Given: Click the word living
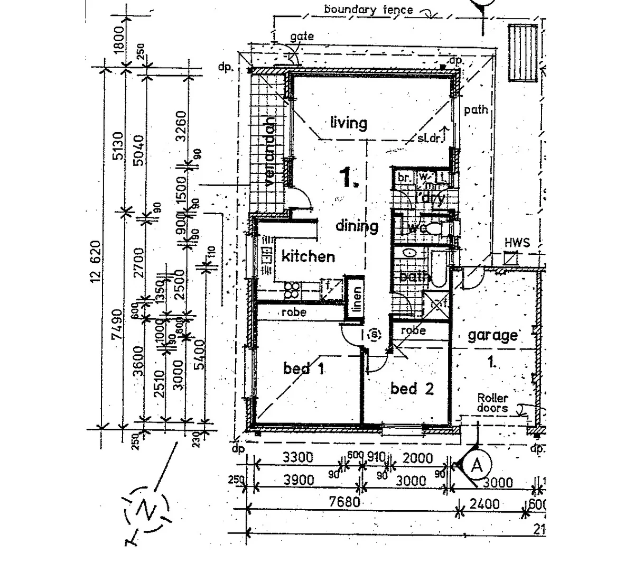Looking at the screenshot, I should tap(348, 123).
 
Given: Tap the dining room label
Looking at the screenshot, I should tap(357, 226).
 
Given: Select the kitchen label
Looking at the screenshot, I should tap(308, 256).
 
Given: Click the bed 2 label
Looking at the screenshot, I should tap(412, 389).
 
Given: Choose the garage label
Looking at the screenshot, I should tap(492, 335).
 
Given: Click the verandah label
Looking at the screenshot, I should tap(270, 153).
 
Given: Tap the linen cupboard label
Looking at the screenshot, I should tap(357, 299).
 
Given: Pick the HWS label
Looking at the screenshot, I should tap(517, 243).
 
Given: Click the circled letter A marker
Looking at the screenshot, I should tap(477, 466).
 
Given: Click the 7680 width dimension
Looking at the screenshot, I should tap(344, 501).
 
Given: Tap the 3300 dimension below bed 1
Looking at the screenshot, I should tap(297, 458).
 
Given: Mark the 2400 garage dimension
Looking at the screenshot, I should tap(484, 503).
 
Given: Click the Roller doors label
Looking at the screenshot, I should tap(492, 403).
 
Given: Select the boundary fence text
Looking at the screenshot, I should tap(368, 9).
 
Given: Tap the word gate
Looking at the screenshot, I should tap(302, 36).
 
